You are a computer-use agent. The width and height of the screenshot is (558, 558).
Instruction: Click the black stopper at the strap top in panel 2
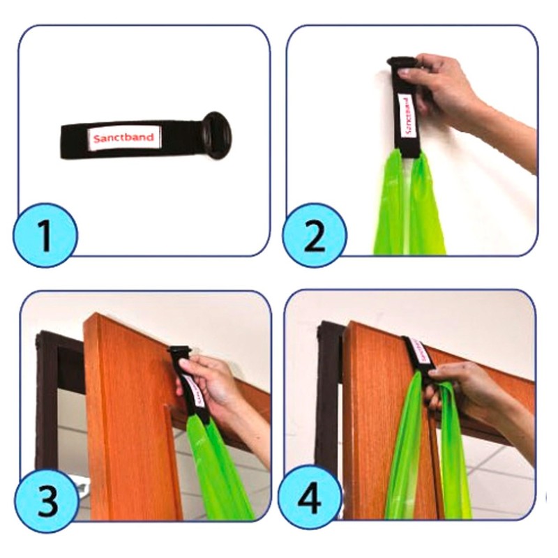[x=401, y=63]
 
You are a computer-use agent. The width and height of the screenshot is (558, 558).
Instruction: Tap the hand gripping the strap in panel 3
[x=213, y=384]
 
